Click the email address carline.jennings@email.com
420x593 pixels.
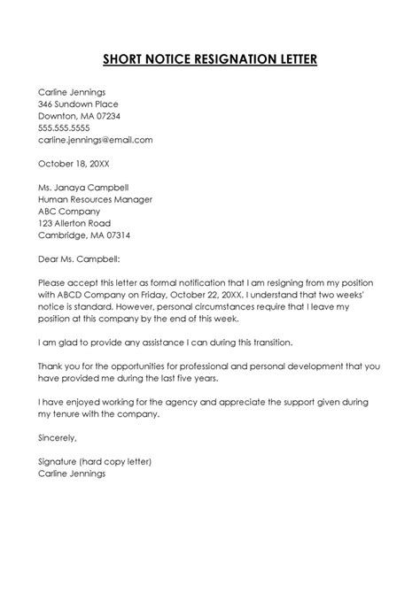pyautogui.click(x=95, y=140)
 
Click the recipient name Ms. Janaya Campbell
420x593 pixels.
pyautogui.click(x=88, y=188)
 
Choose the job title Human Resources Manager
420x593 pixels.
pyautogui.click(x=97, y=200)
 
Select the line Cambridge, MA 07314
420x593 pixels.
pyautogui.click(x=84, y=236)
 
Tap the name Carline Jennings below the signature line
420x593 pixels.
pyautogui.click(x=72, y=474)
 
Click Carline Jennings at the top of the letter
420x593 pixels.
pyautogui.click(x=72, y=91)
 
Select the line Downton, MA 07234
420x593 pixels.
pyautogui.click(x=78, y=116)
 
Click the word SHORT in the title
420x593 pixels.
pyautogui.click(x=124, y=60)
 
